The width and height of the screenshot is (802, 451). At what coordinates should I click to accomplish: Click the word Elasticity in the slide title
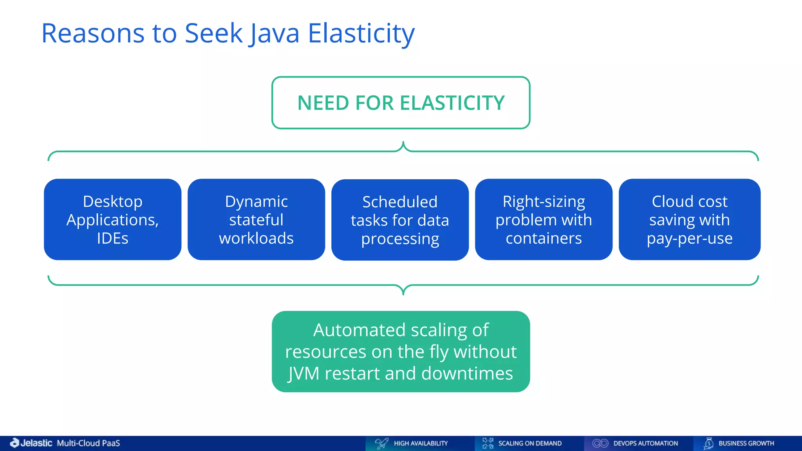pyautogui.click(x=361, y=33)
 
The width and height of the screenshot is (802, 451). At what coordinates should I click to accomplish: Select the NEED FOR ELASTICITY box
pyautogui.click(x=401, y=103)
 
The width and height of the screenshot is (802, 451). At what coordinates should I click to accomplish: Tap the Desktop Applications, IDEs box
pyautogui.click(x=112, y=220)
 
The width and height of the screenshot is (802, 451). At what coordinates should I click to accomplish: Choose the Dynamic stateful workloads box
pyautogui.click(x=256, y=220)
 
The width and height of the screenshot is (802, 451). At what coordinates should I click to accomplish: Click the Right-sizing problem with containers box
pyautogui.click(x=544, y=220)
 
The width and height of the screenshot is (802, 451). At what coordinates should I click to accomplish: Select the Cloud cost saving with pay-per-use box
pyautogui.click(x=689, y=220)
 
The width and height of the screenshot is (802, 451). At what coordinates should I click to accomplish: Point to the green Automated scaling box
pyautogui.click(x=401, y=352)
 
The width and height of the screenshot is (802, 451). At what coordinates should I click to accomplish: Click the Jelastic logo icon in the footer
pyautogui.click(x=14, y=443)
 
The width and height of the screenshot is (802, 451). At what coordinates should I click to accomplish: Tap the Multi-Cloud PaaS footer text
pyautogui.click(x=89, y=443)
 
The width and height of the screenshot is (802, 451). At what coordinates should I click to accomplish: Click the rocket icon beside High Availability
pyautogui.click(x=381, y=443)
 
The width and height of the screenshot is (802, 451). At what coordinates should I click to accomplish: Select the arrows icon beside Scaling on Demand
pyautogui.click(x=488, y=443)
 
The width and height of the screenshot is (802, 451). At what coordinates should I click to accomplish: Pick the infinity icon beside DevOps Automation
pyautogui.click(x=600, y=443)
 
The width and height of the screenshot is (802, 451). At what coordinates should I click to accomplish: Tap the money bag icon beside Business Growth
pyautogui.click(x=708, y=443)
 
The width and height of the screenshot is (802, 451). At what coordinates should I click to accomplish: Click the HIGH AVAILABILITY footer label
pyautogui.click(x=421, y=443)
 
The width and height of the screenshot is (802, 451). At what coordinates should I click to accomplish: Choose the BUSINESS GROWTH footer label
pyautogui.click(x=746, y=443)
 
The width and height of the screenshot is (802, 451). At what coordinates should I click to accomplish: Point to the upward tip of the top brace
pyautogui.click(x=403, y=143)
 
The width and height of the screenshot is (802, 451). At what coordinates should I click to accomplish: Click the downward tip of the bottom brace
pyautogui.click(x=403, y=293)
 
